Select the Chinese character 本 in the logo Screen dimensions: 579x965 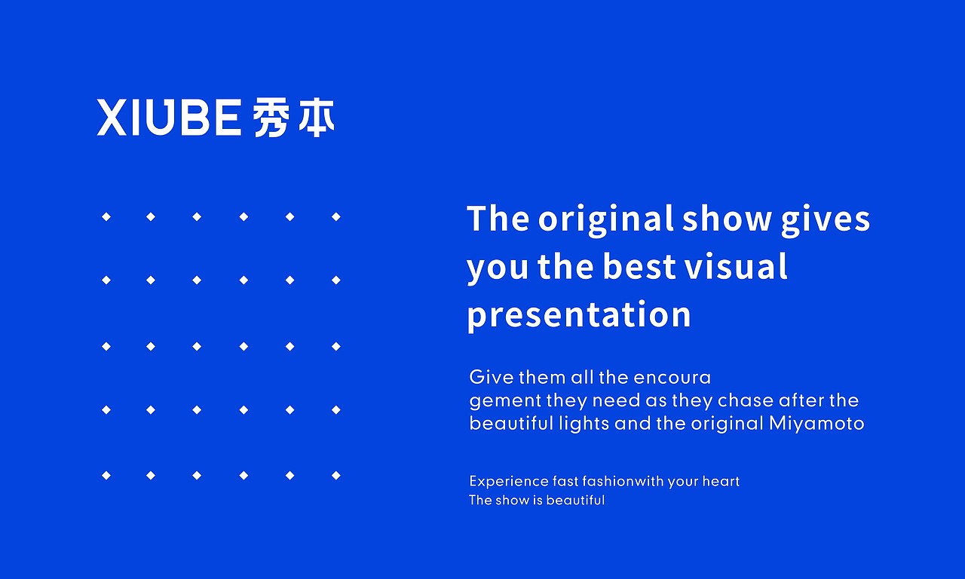(316, 118)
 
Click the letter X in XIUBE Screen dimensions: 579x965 (112, 118)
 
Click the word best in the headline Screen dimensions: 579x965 (636, 268)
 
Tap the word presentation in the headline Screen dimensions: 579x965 (578, 315)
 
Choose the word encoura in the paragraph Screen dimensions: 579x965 (672, 377)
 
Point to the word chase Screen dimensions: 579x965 (745, 400)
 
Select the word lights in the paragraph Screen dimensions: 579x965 (584, 424)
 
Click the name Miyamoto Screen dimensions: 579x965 (816, 424)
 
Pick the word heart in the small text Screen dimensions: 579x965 (721, 482)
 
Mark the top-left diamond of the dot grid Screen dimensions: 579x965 (106, 217)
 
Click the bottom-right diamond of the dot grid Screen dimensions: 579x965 (336, 476)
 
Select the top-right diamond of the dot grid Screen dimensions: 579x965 (336, 217)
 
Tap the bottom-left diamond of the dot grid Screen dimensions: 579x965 (106, 476)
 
